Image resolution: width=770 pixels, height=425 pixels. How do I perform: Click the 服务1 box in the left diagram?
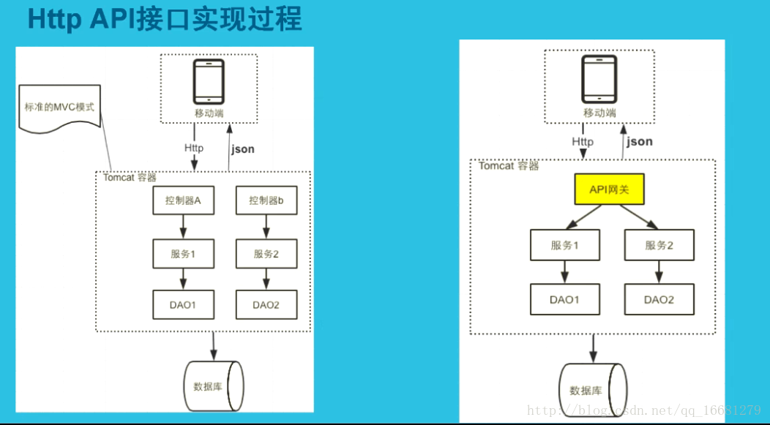tap(183, 254)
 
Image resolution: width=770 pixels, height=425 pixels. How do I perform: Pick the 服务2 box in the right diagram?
tap(659, 246)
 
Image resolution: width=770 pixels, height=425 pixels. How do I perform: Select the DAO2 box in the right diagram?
tap(659, 299)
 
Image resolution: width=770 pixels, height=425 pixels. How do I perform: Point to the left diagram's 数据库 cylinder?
tap(212, 386)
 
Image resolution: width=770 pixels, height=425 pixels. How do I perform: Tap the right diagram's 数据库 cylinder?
tap(592, 390)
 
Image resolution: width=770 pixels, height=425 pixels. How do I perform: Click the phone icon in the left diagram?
tap(208, 82)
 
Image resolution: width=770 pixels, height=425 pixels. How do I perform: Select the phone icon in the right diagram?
tap(598, 78)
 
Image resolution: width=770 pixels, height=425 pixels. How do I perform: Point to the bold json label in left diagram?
tap(242, 149)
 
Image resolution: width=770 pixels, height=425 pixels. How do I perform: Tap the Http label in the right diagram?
tap(583, 141)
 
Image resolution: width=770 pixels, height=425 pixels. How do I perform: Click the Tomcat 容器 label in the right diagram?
tap(509, 166)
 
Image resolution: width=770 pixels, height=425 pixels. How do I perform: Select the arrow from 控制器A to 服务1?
tap(183, 227)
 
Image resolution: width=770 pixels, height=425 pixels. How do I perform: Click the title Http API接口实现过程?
tap(164, 20)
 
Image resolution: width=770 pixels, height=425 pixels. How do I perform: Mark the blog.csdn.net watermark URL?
tap(643, 410)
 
